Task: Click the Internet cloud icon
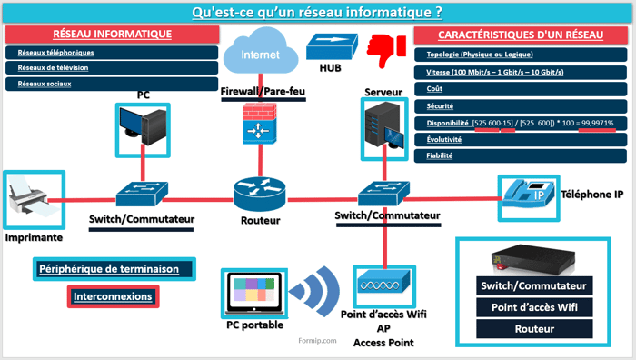coord(260,52)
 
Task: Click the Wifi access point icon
coord(383,285)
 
